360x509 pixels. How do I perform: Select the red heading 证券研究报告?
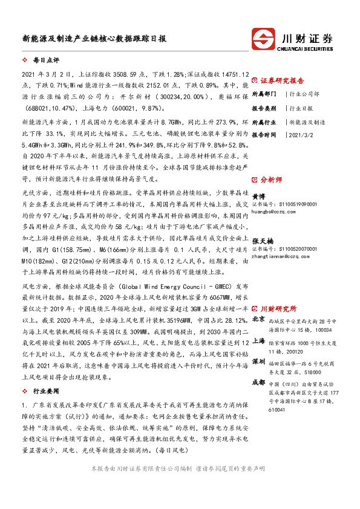tap(282, 81)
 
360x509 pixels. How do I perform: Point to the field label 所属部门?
tap(264, 94)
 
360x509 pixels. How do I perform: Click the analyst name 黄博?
tap(258, 196)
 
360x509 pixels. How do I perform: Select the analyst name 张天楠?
tap(262, 241)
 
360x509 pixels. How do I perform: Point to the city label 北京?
tap(258, 319)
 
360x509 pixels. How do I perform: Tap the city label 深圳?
tap(258, 361)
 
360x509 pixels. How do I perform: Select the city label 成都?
tap(258, 382)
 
